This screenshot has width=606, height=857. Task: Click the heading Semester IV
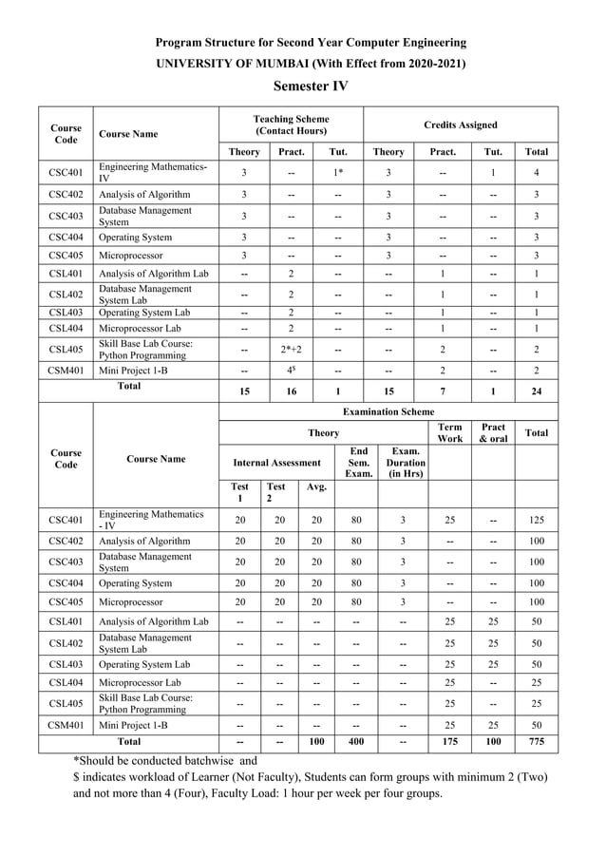pyautogui.click(x=310, y=86)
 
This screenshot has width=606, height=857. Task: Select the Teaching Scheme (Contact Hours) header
pyautogui.click(x=291, y=124)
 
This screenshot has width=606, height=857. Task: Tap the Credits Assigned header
pyautogui.click(x=461, y=124)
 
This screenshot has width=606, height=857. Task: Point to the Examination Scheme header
pyautogui.click(x=388, y=411)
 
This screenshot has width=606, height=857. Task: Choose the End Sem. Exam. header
pyautogui.click(x=358, y=463)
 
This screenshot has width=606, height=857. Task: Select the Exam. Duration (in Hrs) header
pyautogui.click(x=403, y=463)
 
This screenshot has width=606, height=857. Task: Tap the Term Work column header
pyautogui.click(x=450, y=432)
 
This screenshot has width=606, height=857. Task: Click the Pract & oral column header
pyautogui.click(x=494, y=432)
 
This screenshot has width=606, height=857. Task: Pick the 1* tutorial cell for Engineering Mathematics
pyautogui.click(x=338, y=172)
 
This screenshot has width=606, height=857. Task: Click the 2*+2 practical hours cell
pyautogui.click(x=291, y=349)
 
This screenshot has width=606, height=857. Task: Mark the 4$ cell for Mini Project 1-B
pyautogui.click(x=291, y=370)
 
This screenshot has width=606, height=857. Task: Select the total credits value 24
pyautogui.click(x=537, y=391)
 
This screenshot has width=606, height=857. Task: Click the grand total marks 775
pyautogui.click(x=537, y=741)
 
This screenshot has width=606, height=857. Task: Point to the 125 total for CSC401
pyautogui.click(x=537, y=520)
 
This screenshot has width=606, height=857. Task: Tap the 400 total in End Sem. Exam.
pyautogui.click(x=358, y=741)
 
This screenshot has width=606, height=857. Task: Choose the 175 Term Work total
pyautogui.click(x=450, y=741)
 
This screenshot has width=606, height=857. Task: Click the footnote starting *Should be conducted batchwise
pyautogui.click(x=165, y=761)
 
